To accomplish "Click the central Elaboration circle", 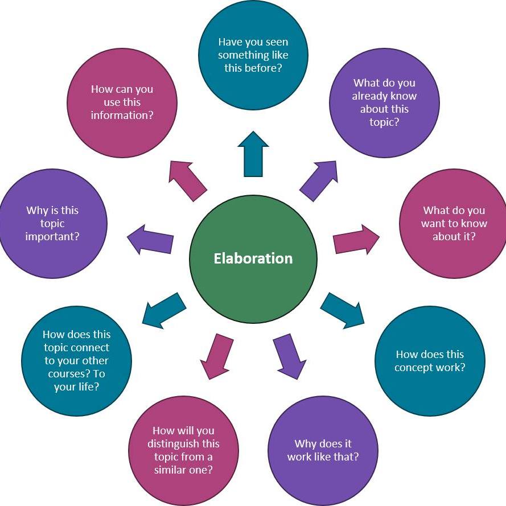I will click(253, 258).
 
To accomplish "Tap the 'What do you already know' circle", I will click(384, 102).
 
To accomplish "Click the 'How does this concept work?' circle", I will click(430, 361).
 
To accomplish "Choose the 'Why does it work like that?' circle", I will click(323, 450).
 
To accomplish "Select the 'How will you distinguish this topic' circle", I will click(183, 450).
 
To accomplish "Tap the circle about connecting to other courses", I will click(76, 361).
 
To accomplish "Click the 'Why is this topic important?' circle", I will click(52, 223).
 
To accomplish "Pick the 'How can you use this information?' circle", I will click(122, 102).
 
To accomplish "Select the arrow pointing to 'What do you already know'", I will click(318, 180).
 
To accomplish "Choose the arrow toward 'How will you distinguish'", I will click(217, 356).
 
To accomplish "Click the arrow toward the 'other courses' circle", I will click(164, 310).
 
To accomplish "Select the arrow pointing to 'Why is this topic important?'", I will click(150, 240).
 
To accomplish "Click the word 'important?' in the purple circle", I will click(52, 236).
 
